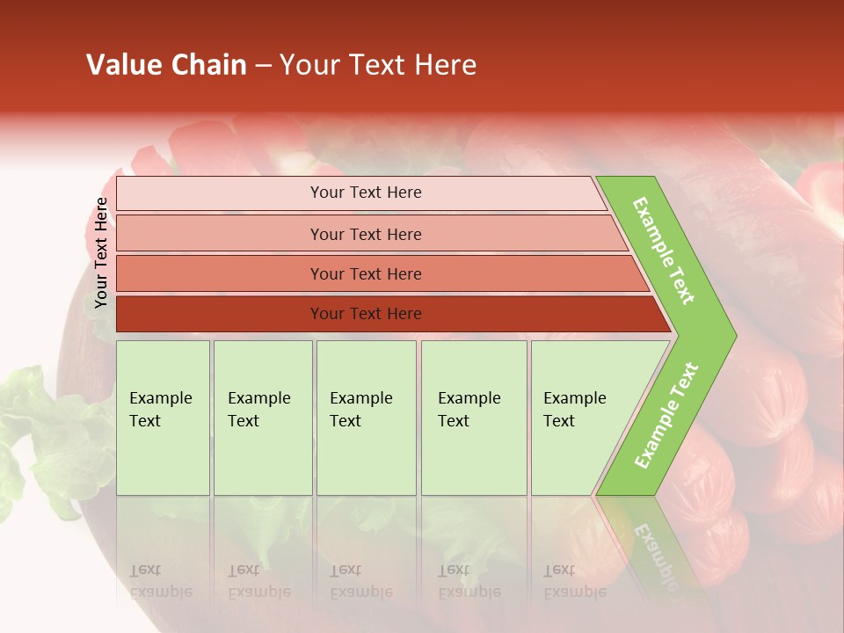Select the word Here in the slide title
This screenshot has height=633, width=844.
(x=445, y=65)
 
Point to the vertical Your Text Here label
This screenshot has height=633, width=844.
(x=101, y=252)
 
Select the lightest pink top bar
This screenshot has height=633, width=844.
(x=360, y=193)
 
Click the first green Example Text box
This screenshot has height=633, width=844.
(x=163, y=418)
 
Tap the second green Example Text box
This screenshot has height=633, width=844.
(x=262, y=418)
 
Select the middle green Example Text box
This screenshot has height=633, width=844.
(x=366, y=418)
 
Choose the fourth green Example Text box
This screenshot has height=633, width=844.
(x=474, y=418)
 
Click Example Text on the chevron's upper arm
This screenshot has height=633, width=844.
(x=664, y=251)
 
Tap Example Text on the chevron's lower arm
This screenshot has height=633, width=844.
(x=666, y=415)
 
